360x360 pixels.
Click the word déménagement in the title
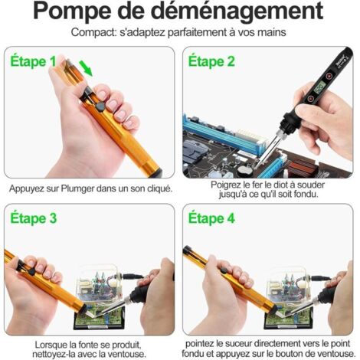point(234,12)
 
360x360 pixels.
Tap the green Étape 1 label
point(31,61)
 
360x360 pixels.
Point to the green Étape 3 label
point(31,218)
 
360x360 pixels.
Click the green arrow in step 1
point(87,70)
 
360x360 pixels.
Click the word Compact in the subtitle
point(93,32)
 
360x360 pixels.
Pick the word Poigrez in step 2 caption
point(227,185)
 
